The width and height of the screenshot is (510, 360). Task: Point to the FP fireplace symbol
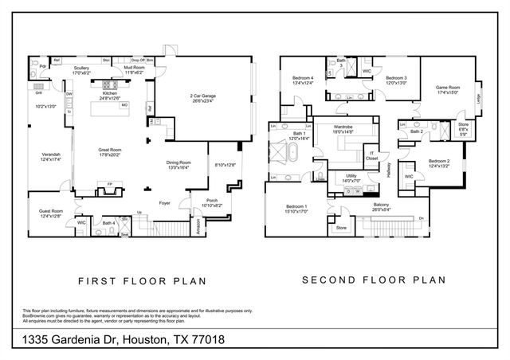(109, 183)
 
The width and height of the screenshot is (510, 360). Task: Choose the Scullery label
(81, 68)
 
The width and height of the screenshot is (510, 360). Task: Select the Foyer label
(164, 203)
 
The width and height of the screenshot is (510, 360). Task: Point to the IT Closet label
(371, 155)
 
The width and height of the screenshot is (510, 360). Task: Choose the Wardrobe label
(343, 127)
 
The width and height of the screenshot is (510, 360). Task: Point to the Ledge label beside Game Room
(477, 98)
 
